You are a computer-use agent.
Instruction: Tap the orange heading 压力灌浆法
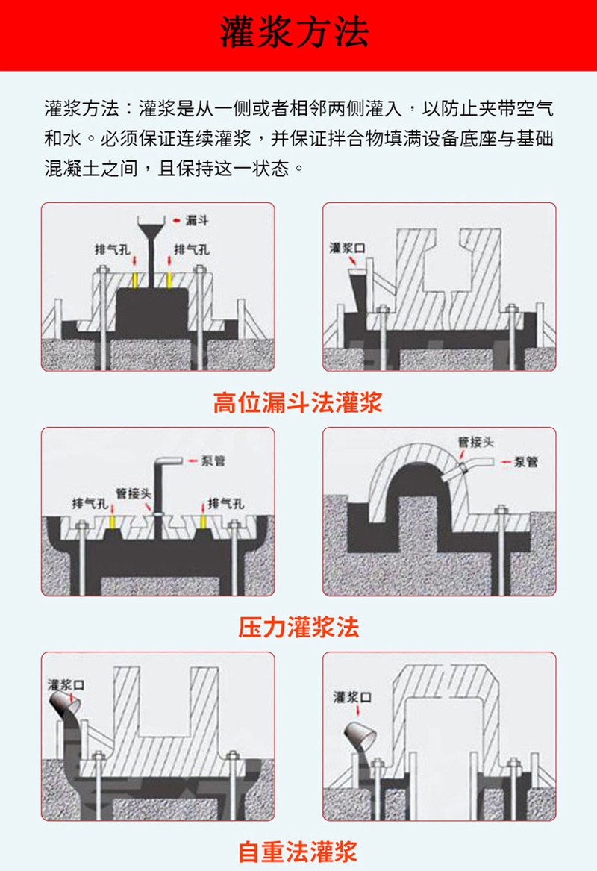pyautogui.click(x=298, y=627)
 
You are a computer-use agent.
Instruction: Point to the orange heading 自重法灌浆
pyautogui.click(x=298, y=850)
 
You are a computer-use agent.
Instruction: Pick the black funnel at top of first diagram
pyautogui.click(x=151, y=225)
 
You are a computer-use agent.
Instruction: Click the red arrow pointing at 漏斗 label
pyautogui.click(x=176, y=220)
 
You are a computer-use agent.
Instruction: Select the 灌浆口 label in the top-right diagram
pyautogui.click(x=347, y=248)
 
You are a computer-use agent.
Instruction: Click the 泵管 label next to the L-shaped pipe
pyautogui.click(x=213, y=460)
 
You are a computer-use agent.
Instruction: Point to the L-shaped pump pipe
pyautogui.click(x=161, y=478)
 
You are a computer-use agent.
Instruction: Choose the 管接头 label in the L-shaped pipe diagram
pyautogui.click(x=130, y=493)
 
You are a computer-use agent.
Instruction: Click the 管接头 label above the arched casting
pyautogui.click(x=475, y=443)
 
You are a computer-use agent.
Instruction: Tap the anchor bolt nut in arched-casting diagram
pyautogui.click(x=501, y=512)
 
